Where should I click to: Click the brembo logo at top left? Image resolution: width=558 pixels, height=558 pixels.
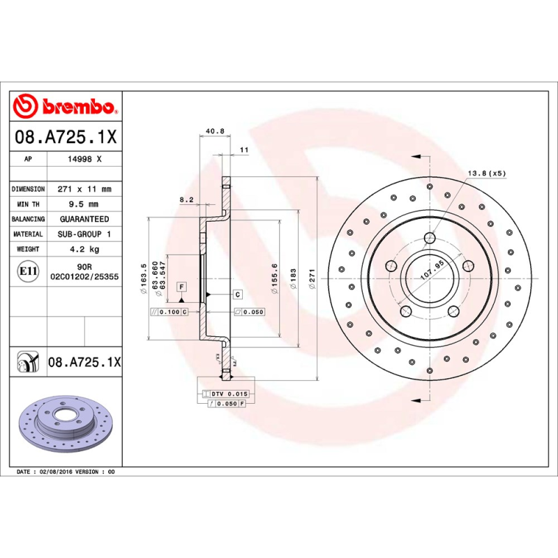[x=64, y=107]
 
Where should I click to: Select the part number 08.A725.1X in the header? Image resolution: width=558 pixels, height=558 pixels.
[x=66, y=137]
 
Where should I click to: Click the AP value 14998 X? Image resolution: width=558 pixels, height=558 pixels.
[x=83, y=159]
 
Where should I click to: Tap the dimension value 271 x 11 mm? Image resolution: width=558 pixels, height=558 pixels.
[x=83, y=189]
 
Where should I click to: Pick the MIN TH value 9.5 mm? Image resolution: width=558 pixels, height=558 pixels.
[x=83, y=204]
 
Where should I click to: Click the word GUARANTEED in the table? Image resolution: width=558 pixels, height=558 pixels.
[x=83, y=219]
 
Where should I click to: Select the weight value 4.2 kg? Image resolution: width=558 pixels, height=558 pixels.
[x=83, y=249]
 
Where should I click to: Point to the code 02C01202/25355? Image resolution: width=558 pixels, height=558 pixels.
[x=84, y=277]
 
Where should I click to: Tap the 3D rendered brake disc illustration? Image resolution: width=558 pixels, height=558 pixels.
[x=64, y=427]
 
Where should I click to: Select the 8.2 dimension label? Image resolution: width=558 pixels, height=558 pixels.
[x=186, y=199]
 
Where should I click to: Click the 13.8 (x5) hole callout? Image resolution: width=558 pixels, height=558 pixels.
[x=485, y=172]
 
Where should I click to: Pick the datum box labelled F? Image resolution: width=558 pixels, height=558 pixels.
[x=181, y=287]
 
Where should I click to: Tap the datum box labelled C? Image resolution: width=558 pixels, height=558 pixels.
[x=237, y=294]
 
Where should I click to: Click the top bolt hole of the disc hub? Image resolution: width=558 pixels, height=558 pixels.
[x=429, y=239]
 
